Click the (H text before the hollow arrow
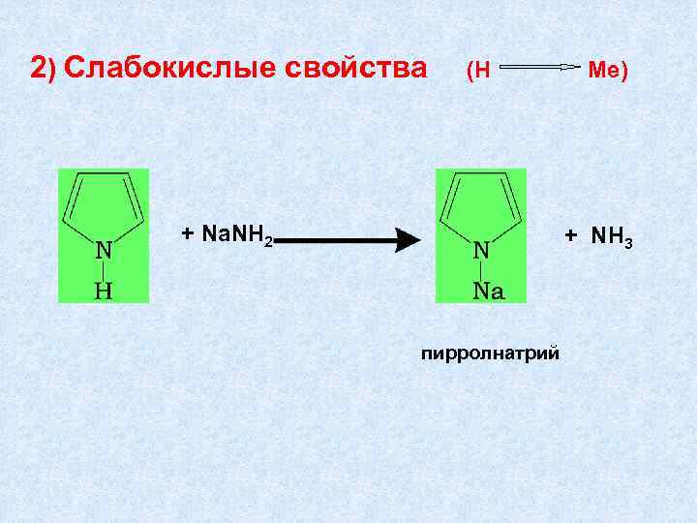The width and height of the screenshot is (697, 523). pyautogui.click(x=480, y=71)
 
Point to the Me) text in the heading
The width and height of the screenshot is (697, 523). pyautogui.click(x=609, y=71)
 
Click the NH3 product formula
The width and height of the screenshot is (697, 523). pyautogui.click(x=612, y=236)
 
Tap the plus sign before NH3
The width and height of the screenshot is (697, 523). pyautogui.click(x=571, y=235)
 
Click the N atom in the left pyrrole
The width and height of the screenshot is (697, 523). pyautogui.click(x=104, y=249)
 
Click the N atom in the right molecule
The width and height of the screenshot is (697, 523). pyautogui.click(x=481, y=249)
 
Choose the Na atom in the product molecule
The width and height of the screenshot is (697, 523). pyautogui.click(x=489, y=290)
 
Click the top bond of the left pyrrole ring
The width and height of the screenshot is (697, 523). pyautogui.click(x=104, y=176)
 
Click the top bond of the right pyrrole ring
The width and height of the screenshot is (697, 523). pyautogui.click(x=481, y=176)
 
